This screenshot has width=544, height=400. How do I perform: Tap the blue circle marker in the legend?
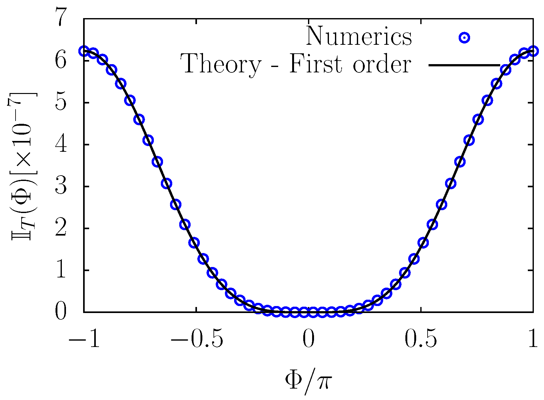(464, 38)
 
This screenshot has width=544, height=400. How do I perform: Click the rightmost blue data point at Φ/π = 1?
(533, 51)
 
